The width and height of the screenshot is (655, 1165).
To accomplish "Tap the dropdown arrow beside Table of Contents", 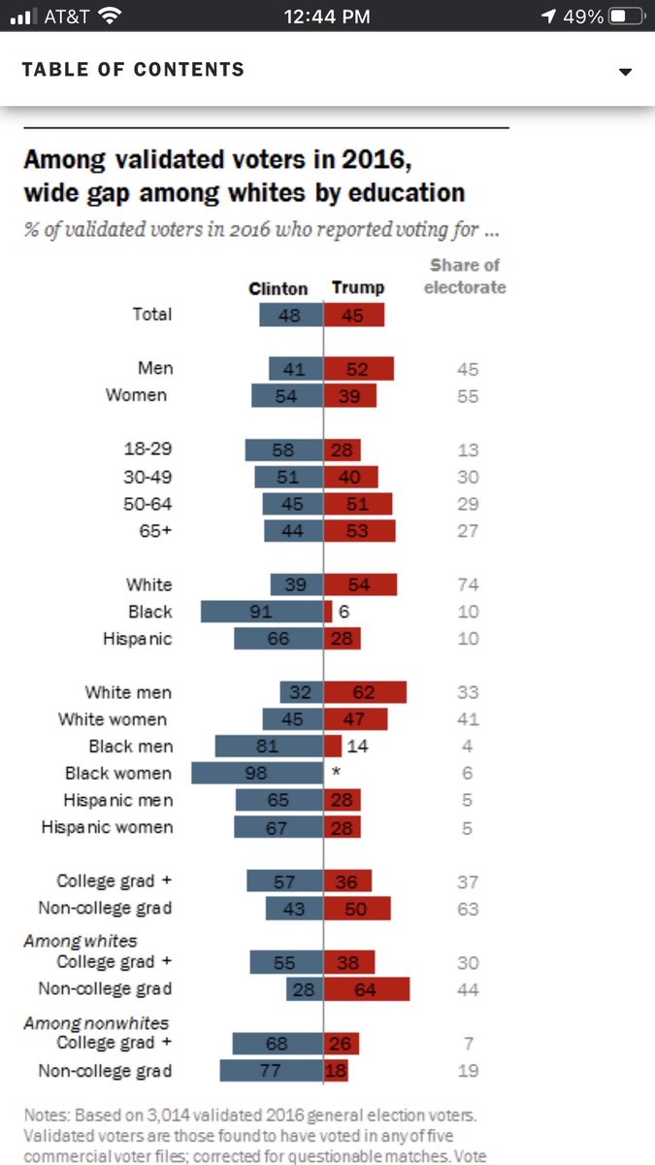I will (625, 72).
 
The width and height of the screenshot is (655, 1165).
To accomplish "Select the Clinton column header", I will (278, 288).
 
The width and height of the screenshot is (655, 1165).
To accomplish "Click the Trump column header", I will (358, 287).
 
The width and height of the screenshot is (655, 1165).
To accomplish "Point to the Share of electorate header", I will (465, 276).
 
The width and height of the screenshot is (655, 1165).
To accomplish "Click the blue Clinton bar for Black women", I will (257, 774).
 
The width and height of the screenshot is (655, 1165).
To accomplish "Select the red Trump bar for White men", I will (365, 692).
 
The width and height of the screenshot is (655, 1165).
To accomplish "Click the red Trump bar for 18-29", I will (342, 449).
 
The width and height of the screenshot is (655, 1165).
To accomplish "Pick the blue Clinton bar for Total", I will (291, 315).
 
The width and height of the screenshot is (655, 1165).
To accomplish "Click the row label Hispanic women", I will (107, 827).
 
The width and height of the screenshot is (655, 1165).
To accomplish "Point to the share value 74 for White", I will (468, 584).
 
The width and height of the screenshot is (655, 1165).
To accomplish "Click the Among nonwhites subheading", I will (95, 1022).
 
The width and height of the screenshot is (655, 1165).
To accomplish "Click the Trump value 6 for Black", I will (343, 612).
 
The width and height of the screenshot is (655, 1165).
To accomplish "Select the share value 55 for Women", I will (468, 396).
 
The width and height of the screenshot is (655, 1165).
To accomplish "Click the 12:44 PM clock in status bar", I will (328, 17).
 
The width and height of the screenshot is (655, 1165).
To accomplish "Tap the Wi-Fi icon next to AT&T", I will (110, 17).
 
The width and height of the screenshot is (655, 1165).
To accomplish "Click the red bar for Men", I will (358, 369).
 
